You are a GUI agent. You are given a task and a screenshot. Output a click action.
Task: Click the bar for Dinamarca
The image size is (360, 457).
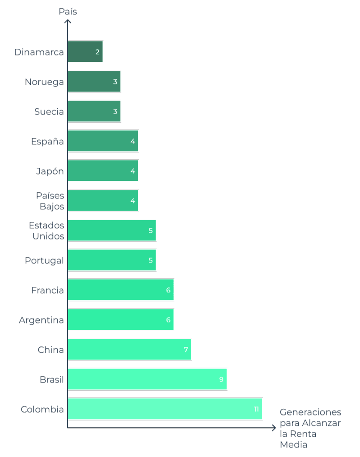[85, 52]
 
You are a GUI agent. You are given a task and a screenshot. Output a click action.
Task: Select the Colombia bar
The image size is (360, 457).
[165, 409]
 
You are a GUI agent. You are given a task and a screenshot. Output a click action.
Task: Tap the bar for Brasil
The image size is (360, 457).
[148, 379]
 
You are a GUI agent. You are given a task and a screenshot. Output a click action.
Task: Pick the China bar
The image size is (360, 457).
[130, 350]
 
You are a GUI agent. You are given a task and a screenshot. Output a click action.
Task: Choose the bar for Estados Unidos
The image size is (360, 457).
[112, 231]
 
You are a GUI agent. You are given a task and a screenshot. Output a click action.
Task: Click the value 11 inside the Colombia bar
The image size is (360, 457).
[256, 409]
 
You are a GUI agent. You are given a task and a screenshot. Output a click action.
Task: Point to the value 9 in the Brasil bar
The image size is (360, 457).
[221, 379]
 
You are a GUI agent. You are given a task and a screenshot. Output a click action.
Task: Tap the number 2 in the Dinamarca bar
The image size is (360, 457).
[97, 52]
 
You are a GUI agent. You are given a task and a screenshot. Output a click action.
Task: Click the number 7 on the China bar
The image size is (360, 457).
[185, 350]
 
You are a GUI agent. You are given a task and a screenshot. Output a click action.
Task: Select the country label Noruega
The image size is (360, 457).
[44, 82]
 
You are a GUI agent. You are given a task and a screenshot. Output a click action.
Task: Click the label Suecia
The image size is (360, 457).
[49, 111]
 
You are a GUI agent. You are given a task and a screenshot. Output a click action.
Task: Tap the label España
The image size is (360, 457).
[47, 142]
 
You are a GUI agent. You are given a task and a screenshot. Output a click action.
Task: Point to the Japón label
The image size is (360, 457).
[50, 171]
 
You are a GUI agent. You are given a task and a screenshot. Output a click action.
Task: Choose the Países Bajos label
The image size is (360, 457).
[50, 201]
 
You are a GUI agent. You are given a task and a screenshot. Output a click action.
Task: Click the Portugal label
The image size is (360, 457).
[44, 261]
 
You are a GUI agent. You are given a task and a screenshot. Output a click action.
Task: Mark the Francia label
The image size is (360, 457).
[47, 291]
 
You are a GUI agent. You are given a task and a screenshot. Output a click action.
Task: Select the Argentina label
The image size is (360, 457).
[42, 320]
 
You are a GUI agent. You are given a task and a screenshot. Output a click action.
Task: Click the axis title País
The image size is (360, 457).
[68, 12]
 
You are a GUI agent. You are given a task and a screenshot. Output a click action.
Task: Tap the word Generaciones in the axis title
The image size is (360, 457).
[310, 412]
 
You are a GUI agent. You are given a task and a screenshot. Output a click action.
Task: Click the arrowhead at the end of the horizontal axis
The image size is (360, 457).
[273, 428]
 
